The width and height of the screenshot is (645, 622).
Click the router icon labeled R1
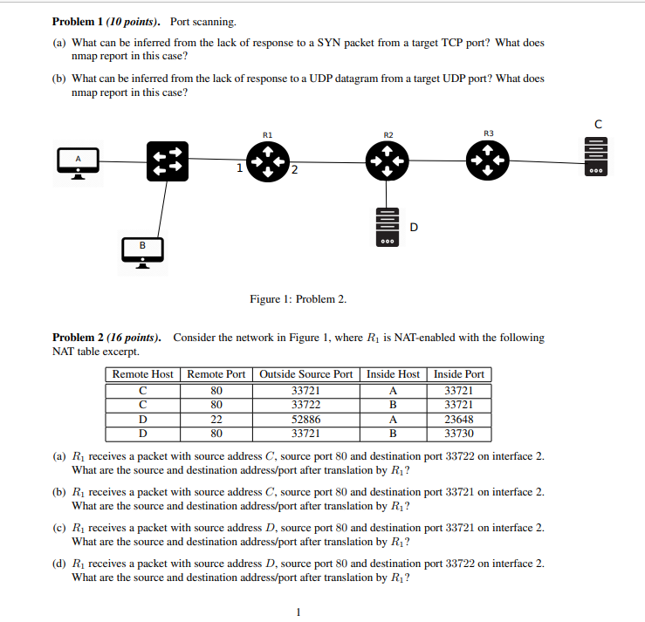tap(265, 161)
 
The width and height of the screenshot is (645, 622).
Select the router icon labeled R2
tap(388, 161)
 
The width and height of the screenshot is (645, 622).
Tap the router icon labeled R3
tap(487, 161)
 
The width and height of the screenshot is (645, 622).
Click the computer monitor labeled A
tap(78, 161)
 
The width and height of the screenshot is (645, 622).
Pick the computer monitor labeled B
tap(142, 251)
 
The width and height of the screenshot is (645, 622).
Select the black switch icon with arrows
tap(168, 161)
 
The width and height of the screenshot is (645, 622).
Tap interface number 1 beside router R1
tap(239, 168)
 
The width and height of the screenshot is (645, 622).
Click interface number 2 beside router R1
tap(294, 169)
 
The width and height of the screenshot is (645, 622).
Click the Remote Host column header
tap(143, 374)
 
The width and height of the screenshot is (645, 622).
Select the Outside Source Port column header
tap(305, 374)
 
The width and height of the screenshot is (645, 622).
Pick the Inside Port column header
tap(458, 374)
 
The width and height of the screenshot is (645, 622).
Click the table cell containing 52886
tap(305, 419)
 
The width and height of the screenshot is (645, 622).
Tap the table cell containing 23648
tap(458, 419)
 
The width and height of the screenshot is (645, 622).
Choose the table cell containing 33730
tap(458, 433)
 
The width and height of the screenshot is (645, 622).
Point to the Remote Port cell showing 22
tap(216, 419)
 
